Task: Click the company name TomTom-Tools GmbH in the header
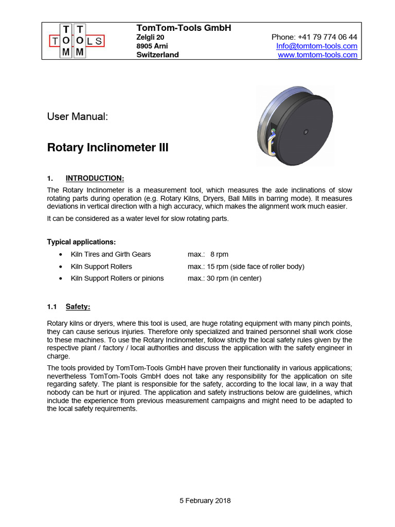coord(183,28)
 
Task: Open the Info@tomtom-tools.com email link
coord(316,46)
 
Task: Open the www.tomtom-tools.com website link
coord(317,55)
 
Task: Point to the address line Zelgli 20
coord(150,37)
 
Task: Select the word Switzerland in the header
coord(157,55)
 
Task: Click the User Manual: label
coord(78,117)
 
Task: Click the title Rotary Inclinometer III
coord(107,148)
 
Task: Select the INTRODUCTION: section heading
coord(95,179)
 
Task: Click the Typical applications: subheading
coord(81,241)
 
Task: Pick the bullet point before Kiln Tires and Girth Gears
coord(62,254)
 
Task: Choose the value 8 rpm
coord(219,254)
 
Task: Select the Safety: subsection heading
coord(78,307)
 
